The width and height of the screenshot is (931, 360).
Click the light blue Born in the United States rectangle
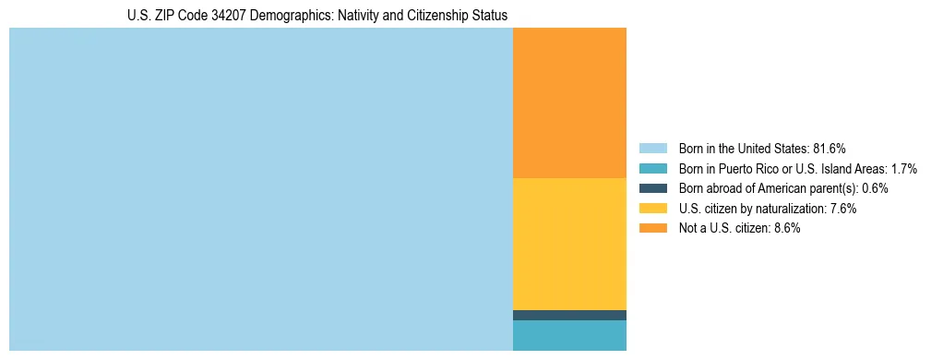click(x=260, y=189)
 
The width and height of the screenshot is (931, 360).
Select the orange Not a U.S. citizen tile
click(x=569, y=102)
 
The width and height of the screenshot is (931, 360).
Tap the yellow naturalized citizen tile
click(x=569, y=244)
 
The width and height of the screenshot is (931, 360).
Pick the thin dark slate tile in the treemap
click(x=569, y=315)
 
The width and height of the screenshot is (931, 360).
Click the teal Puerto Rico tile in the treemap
click(x=569, y=335)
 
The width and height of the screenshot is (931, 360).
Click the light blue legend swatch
click(x=652, y=149)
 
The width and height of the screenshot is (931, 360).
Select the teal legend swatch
click(x=652, y=169)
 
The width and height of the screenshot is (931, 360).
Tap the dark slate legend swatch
click(x=652, y=188)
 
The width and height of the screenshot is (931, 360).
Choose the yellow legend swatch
click(x=652, y=209)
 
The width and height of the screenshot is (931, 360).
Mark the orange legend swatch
click(x=652, y=228)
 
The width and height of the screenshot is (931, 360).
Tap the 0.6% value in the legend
click(x=876, y=188)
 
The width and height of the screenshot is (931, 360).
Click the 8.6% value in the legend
click(x=784, y=228)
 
